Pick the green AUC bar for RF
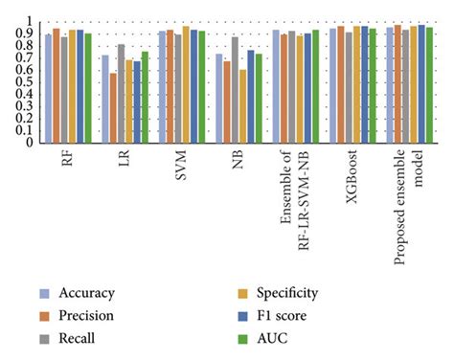point(88,88)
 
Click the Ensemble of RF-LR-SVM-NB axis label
point(293,188)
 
